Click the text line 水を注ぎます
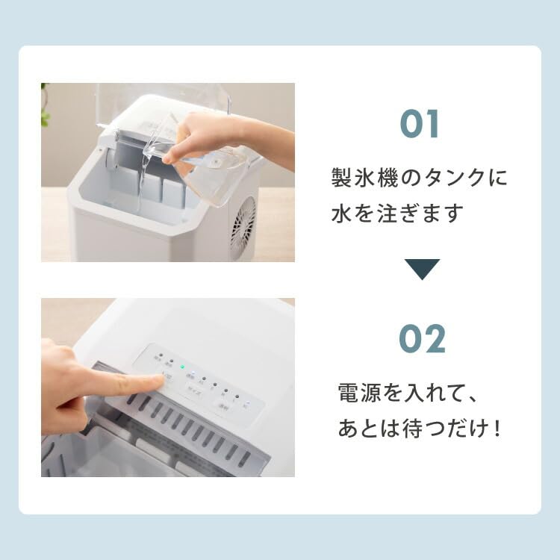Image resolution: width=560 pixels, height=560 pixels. [397, 214]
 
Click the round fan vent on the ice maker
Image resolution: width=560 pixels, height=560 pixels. [243, 226]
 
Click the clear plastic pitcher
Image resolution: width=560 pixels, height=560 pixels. [213, 175]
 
